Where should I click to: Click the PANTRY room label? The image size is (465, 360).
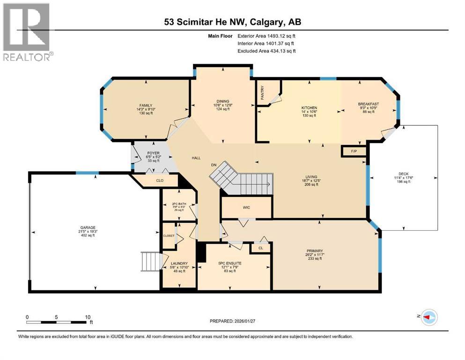coord(262,90)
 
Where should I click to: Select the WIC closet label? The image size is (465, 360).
coord(246,207)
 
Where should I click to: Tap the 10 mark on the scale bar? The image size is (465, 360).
coord(88,317)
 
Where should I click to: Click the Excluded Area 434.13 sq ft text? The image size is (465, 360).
coord(266,51)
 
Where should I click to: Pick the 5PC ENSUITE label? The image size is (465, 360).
coord(230,263)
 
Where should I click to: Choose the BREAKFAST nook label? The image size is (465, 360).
coord(368,104)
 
